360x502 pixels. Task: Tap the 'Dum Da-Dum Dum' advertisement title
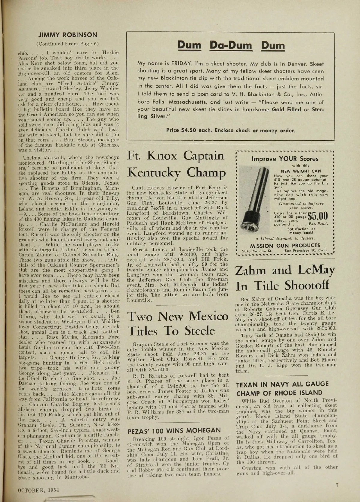point(231,45)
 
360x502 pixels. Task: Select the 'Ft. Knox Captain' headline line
point(176,156)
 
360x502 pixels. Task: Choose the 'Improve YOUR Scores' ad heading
point(281,159)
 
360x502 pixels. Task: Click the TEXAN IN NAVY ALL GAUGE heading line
point(282,384)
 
